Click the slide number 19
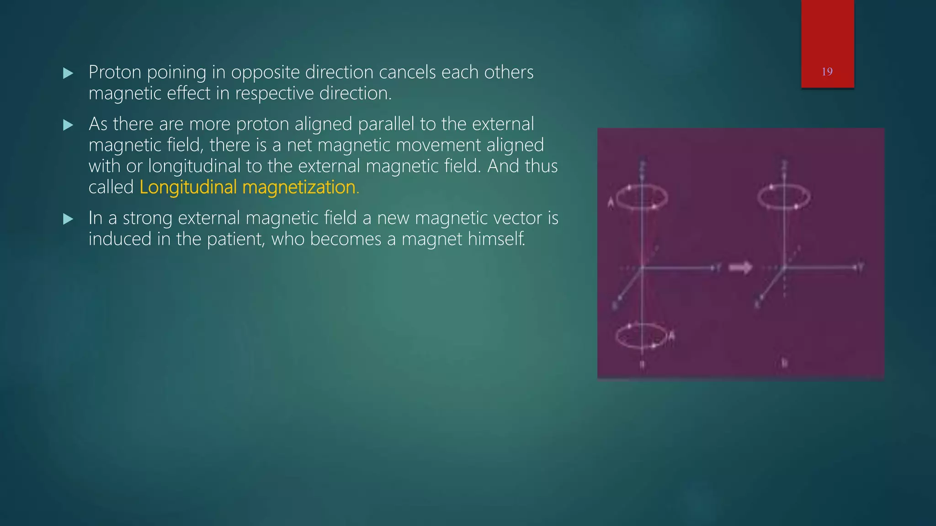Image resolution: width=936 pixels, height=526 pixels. point(827,72)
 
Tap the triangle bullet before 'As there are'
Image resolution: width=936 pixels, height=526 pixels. point(68,125)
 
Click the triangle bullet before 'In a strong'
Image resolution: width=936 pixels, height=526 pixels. point(68,219)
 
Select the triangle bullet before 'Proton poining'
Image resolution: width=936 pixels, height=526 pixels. point(68,73)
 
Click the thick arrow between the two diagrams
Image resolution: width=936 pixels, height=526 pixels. point(740,268)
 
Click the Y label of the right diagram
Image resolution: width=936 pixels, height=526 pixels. point(861,267)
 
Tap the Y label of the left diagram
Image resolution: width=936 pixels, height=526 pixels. point(719,268)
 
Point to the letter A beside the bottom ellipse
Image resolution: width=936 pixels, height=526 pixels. point(671,337)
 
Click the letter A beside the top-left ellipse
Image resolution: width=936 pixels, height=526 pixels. point(611,202)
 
